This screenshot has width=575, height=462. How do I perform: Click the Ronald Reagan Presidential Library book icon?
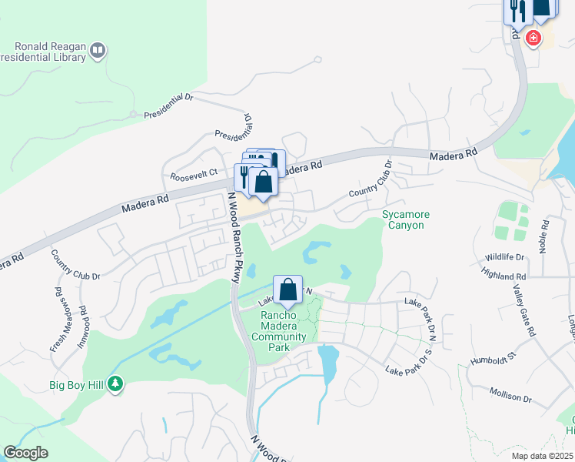pyautogui.click(x=97, y=51)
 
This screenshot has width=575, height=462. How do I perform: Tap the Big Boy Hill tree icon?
pyautogui.click(x=115, y=383)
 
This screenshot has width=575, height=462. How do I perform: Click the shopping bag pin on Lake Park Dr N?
pyautogui.click(x=287, y=290)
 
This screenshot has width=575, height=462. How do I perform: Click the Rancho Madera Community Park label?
pyautogui.click(x=284, y=331)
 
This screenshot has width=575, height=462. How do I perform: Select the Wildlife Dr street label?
pyautogui.click(x=504, y=258)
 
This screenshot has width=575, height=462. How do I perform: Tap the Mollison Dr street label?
pyautogui.click(x=510, y=395)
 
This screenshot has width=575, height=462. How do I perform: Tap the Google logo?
pyautogui.click(x=25, y=453)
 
